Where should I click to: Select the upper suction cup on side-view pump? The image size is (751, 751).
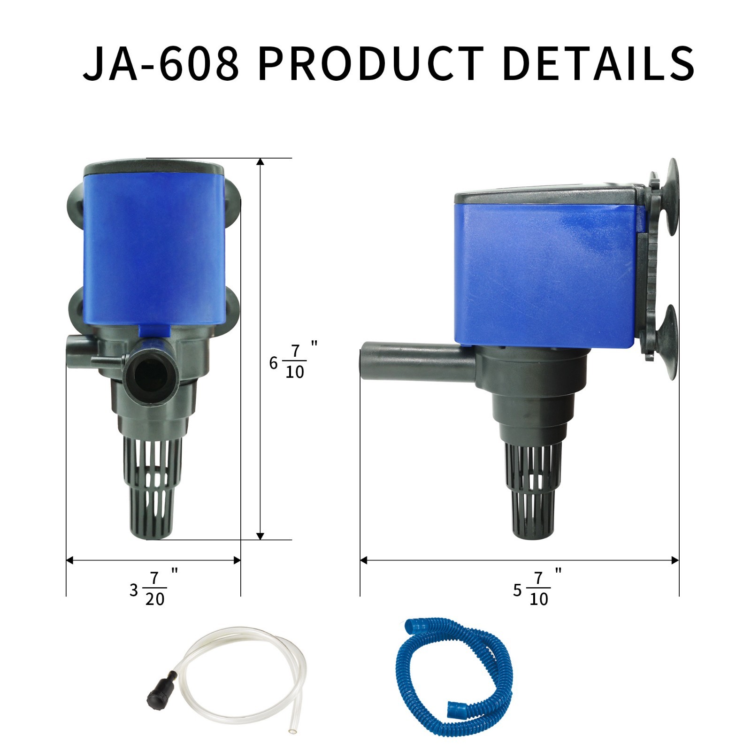pos(669,197)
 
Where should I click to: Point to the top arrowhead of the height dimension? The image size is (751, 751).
pos(261,162)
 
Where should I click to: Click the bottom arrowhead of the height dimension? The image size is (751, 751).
pos(261,536)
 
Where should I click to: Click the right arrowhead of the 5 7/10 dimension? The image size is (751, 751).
pos(675,560)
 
